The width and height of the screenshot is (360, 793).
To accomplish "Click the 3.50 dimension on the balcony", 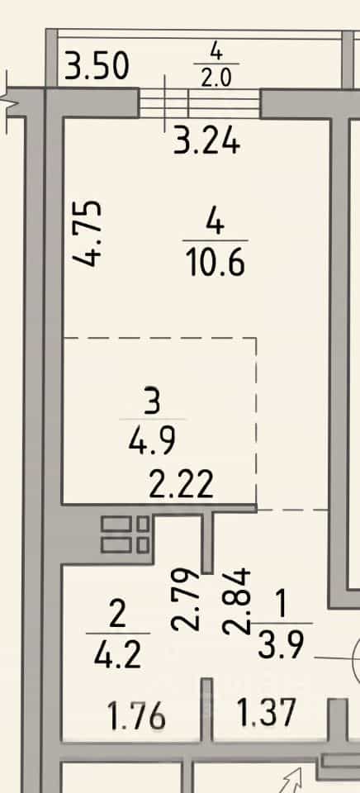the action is click(97, 66).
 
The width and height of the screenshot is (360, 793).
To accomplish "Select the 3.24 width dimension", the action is click(206, 141).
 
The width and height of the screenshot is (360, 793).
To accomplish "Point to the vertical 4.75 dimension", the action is click(87, 234).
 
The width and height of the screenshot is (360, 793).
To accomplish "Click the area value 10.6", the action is click(216, 263).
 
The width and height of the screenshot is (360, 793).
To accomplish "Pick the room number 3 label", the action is click(152, 402).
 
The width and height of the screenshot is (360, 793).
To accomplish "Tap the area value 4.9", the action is click(152, 441).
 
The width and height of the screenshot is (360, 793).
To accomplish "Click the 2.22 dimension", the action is click(181, 485).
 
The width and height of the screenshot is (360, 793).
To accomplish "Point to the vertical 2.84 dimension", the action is click(236, 601).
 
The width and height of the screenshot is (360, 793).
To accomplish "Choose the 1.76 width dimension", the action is click(136, 715).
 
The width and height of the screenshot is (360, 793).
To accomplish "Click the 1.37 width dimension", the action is click(266, 712).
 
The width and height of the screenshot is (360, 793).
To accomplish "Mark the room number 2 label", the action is click(117, 615).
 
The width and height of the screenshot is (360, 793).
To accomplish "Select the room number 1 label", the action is click(281, 605).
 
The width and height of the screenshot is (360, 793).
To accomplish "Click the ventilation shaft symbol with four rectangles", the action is click(125, 534).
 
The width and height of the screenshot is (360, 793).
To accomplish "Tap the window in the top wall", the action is click(200, 104).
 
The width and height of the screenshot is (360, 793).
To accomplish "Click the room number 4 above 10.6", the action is click(216, 222).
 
